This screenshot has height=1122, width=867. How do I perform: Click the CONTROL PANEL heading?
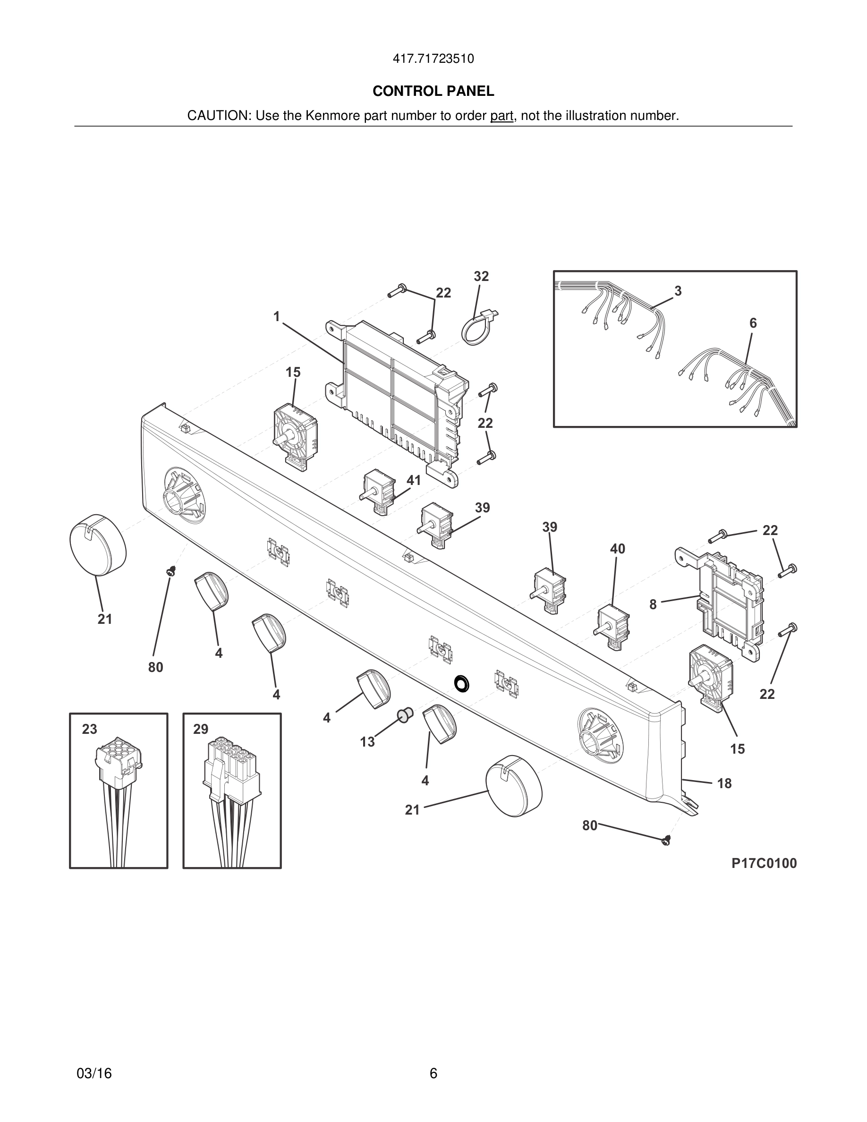click(433, 92)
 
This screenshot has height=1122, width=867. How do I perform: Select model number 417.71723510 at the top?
click(433, 59)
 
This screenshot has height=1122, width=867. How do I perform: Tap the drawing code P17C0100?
click(764, 864)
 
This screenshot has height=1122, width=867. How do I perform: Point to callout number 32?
click(481, 277)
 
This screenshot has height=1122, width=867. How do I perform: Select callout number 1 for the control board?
click(276, 317)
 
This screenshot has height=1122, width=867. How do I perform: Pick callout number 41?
click(414, 480)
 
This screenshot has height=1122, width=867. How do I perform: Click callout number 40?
click(617, 549)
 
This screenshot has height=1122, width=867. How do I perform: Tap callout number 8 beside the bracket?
click(653, 604)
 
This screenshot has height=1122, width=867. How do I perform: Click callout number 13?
click(367, 742)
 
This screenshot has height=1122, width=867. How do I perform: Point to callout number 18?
click(724, 783)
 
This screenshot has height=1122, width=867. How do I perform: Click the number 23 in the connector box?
click(89, 730)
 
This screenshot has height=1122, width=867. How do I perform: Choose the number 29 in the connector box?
click(201, 730)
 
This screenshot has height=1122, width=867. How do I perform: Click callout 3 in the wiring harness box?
click(678, 291)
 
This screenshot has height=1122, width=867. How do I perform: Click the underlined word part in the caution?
click(501, 116)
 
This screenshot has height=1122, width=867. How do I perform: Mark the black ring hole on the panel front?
click(463, 683)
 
